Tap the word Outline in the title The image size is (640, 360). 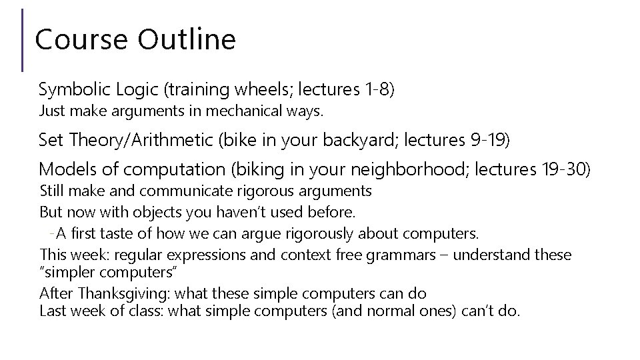[x=187, y=39]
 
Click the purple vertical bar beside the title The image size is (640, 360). [x=23, y=40]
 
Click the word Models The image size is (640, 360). [x=63, y=169]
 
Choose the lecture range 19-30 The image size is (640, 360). [x=563, y=169]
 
